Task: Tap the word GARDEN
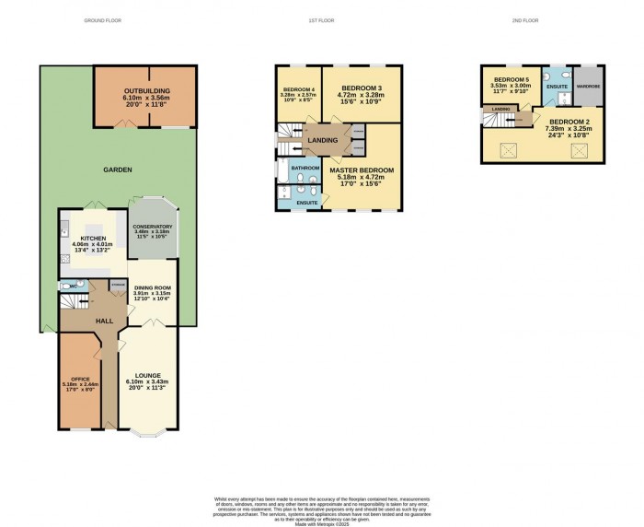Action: (117, 170)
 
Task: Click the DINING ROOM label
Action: (153, 287)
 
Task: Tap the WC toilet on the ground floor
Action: (66, 287)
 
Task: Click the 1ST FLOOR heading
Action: (338, 19)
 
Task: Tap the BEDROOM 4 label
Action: (297, 88)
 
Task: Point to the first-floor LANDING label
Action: (322, 140)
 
